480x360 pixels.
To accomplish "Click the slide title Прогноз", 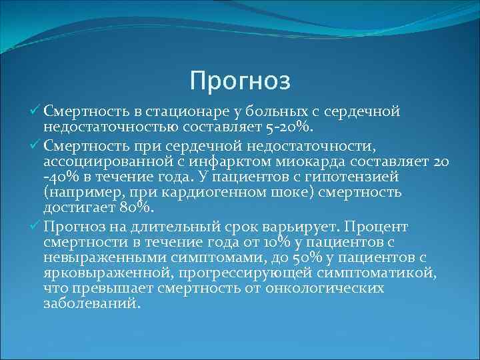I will pyautogui.click(x=240, y=81).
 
